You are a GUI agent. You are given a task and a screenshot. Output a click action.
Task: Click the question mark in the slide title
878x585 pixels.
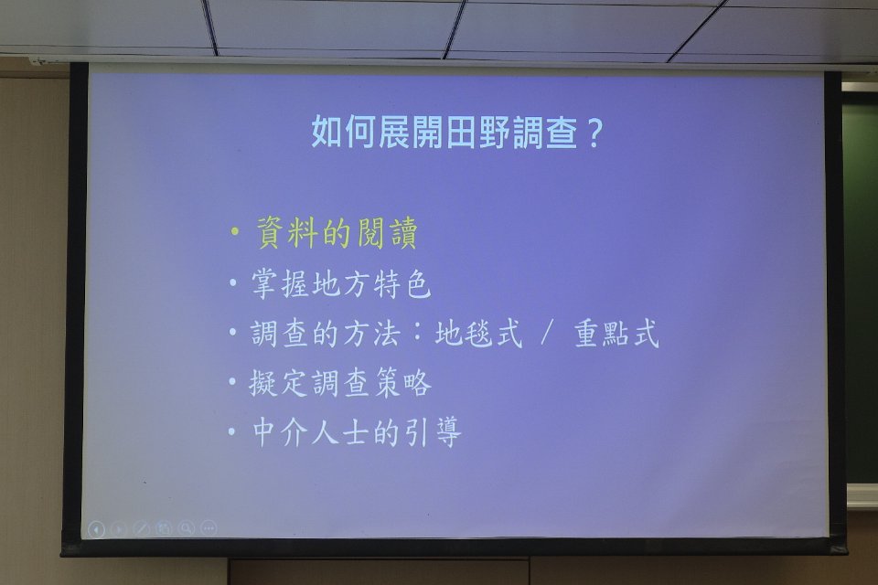coord(594,133)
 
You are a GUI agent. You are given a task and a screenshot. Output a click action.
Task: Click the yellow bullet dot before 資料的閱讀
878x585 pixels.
coord(235,231)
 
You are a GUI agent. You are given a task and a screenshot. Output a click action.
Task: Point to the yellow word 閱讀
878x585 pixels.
coord(385,232)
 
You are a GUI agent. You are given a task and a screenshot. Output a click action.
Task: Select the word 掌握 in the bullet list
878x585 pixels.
coord(280,283)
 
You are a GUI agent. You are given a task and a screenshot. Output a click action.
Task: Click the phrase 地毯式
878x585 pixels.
coord(478,333)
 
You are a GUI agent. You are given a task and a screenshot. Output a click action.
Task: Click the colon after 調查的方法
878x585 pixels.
coord(416,334)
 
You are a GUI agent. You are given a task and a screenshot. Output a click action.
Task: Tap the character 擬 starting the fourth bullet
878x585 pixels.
coord(264,383)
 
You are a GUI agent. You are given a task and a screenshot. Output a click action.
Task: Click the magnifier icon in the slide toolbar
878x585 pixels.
coord(187,528)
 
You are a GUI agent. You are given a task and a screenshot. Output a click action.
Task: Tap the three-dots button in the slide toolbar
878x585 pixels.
coord(209,528)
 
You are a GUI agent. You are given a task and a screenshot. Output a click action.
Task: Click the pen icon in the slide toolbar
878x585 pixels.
coord(141,528)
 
